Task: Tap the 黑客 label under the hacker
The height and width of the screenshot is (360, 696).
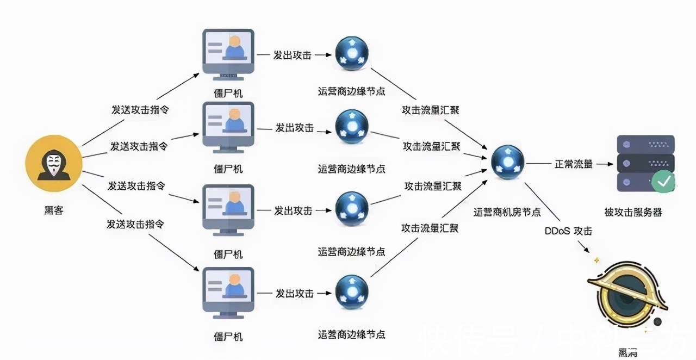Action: pyautogui.click(x=54, y=210)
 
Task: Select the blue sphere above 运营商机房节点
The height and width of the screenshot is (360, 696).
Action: pyautogui.click(x=507, y=162)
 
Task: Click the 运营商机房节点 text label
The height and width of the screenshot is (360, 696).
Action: pyautogui.click(x=507, y=213)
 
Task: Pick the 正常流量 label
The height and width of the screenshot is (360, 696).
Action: pyautogui.click(x=573, y=164)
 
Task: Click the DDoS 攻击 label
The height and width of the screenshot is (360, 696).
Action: pyautogui.click(x=568, y=231)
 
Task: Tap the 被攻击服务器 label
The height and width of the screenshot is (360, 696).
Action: pyautogui.click(x=633, y=213)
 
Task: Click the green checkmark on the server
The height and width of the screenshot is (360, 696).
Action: pyautogui.click(x=663, y=182)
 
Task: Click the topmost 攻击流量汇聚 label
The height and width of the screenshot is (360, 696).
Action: pyautogui.click(x=431, y=110)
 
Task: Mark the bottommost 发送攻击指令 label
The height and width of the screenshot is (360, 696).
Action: pyautogui.click(x=135, y=224)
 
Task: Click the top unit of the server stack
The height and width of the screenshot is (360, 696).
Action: pyautogui.click(x=645, y=144)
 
